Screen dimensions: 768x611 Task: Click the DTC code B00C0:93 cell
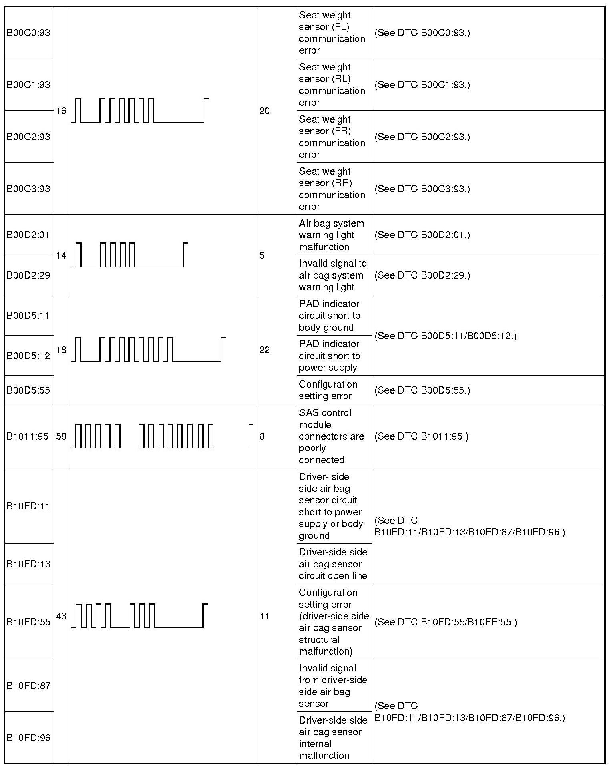coord(28,33)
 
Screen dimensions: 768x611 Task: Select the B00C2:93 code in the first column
coord(28,137)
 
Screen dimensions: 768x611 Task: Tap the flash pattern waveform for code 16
coord(140,111)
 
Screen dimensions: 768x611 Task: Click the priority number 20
coord(265,111)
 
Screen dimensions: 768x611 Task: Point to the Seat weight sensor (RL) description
coord(332,84)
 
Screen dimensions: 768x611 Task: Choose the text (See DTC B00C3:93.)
coord(422,189)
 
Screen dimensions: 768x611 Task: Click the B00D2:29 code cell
coord(28,275)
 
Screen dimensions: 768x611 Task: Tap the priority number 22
coord(265,350)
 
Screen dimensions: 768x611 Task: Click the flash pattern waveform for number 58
coord(162,436)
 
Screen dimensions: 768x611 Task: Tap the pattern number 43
coord(61,616)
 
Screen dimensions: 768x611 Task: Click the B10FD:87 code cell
coord(28,686)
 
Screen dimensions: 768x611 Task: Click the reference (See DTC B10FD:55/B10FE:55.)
coord(446,622)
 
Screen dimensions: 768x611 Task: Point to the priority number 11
coord(264,616)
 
